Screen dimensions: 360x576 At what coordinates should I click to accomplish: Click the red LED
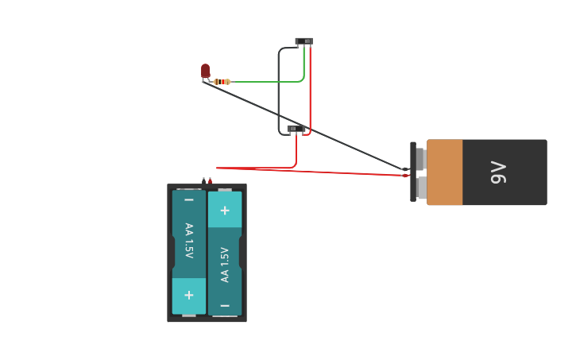pyautogui.click(x=205, y=71)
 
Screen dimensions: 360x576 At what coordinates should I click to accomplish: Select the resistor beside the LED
pyautogui.click(x=222, y=82)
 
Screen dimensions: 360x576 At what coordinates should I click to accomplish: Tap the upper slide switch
pyautogui.click(x=303, y=41)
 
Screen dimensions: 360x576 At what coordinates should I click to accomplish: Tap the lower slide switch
pyautogui.click(x=296, y=128)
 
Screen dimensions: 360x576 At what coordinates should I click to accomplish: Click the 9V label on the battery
pyautogui.click(x=498, y=172)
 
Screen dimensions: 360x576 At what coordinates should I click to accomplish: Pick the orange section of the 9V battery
pyautogui.click(x=444, y=172)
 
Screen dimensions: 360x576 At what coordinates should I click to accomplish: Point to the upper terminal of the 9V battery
pyautogui.click(x=420, y=159)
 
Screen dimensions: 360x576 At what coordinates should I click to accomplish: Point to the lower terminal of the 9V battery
pyautogui.click(x=420, y=188)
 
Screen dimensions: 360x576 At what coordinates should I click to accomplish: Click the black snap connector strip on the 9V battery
pyautogui.click(x=413, y=172)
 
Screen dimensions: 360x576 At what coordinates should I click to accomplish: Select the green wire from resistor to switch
pyautogui.click(x=266, y=81)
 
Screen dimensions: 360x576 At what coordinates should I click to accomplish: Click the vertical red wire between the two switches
pyautogui.click(x=310, y=87)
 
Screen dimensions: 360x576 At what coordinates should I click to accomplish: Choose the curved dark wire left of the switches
pyautogui.click(x=279, y=87)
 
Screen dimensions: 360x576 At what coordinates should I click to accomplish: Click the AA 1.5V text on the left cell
pyautogui.click(x=188, y=240)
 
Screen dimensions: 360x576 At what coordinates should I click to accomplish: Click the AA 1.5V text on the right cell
pyautogui.click(x=225, y=264)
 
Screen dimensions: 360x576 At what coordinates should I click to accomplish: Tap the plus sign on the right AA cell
pyautogui.click(x=225, y=211)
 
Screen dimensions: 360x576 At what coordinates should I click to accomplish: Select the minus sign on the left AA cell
pyautogui.click(x=188, y=199)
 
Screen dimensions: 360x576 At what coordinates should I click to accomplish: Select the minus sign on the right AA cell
pyautogui.click(x=225, y=305)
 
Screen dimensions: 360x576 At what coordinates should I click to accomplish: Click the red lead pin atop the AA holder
pyautogui.click(x=210, y=180)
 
